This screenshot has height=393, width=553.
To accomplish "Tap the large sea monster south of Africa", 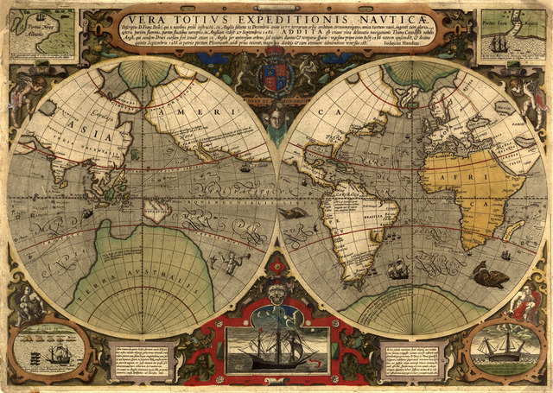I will tap(490, 277).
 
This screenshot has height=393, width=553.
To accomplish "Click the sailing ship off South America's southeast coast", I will tap(397, 269).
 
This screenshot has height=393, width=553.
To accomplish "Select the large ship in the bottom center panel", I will tap(276, 348).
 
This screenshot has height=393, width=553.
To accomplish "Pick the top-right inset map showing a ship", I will tap(512, 36).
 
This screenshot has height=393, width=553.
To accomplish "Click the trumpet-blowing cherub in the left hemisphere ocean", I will tap(230, 261).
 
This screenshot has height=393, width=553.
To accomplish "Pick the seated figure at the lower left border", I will tap(28, 304).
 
